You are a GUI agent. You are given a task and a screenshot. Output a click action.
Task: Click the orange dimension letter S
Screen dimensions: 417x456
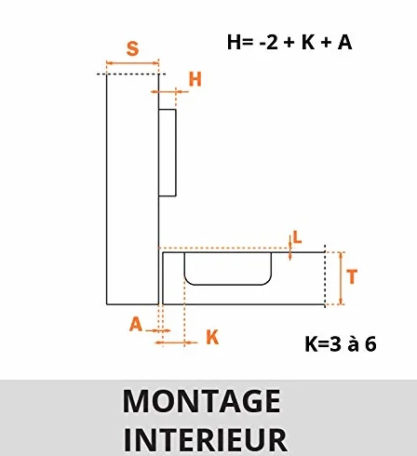point(132,48)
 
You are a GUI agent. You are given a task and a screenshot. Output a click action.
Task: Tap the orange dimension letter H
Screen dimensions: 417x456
point(195,79)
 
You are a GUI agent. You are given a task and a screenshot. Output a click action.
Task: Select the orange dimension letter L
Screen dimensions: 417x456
point(297,238)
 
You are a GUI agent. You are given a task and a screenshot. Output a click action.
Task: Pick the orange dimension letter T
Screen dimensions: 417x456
point(352,276)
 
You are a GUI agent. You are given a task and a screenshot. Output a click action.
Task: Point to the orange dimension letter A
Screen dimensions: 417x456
point(136,325)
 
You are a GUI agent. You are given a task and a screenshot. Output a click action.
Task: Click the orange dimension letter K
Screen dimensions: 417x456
point(212,337)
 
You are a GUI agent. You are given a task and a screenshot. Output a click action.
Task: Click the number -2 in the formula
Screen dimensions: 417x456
point(269,42)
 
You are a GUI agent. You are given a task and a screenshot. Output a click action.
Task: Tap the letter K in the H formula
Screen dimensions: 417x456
point(308,42)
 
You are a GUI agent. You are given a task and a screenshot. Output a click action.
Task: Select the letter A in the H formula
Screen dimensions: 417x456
point(344,42)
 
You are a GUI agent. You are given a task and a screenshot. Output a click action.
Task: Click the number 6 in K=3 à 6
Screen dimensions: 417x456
point(370,344)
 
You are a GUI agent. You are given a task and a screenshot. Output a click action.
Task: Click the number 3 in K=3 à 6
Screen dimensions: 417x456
point(335,344)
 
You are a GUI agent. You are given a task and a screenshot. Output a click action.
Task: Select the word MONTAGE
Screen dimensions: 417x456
point(202,401)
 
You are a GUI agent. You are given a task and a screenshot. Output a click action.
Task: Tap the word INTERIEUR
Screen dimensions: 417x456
point(206,439)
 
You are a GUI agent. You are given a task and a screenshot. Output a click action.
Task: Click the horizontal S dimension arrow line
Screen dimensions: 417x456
point(132,63)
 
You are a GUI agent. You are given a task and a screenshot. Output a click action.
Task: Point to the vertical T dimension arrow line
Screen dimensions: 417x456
point(341,278)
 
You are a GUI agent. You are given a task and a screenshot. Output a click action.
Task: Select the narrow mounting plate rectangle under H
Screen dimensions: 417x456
point(168,153)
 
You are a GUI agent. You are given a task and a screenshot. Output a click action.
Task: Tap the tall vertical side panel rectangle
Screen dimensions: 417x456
point(132,189)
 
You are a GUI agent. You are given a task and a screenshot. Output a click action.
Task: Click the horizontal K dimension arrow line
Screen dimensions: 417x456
point(176,342)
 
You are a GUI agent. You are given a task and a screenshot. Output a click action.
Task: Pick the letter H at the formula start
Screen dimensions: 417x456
point(234,42)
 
